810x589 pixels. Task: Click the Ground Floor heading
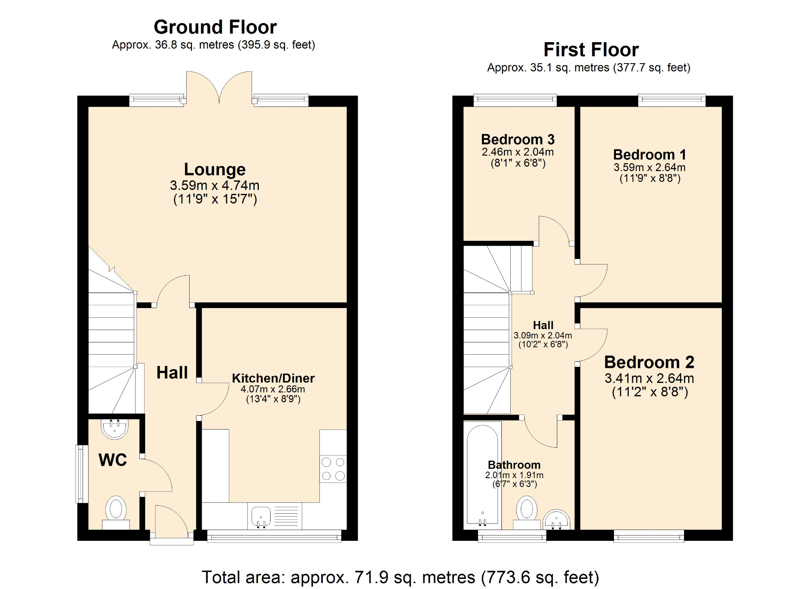[215, 28]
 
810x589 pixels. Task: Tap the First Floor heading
[591, 50]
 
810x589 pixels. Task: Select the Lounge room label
[215, 170]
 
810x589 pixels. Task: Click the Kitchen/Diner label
[273, 378]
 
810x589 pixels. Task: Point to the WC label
[113, 460]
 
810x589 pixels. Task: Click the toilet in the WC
[116, 511]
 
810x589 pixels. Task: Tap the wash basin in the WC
[115, 429]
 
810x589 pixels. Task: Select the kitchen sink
[261, 517]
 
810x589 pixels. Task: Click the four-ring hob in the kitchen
[333, 469]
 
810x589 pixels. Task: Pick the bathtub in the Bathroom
[482, 476]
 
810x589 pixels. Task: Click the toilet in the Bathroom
[526, 512]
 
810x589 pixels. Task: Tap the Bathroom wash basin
[556, 520]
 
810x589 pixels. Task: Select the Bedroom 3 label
[518, 140]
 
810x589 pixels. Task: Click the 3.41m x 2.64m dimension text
[649, 378]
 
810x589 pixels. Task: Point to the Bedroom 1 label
[650, 155]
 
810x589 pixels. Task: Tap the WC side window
[82, 474]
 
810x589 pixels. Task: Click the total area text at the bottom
[400, 577]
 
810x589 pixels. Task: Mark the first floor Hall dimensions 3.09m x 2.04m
[543, 336]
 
